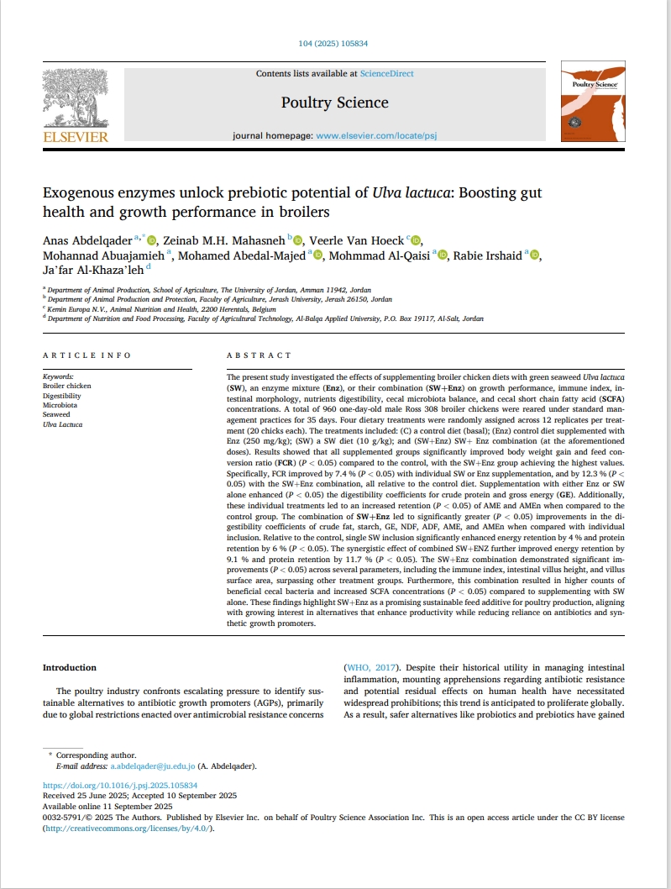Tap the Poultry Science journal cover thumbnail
(595, 105)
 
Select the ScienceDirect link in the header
(386, 74)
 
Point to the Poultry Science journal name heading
(334, 103)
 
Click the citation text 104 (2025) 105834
(334, 43)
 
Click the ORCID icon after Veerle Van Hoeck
(417, 241)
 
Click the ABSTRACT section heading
(259, 355)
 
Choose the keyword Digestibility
(61, 396)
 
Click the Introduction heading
(70, 667)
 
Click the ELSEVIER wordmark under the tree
(76, 136)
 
